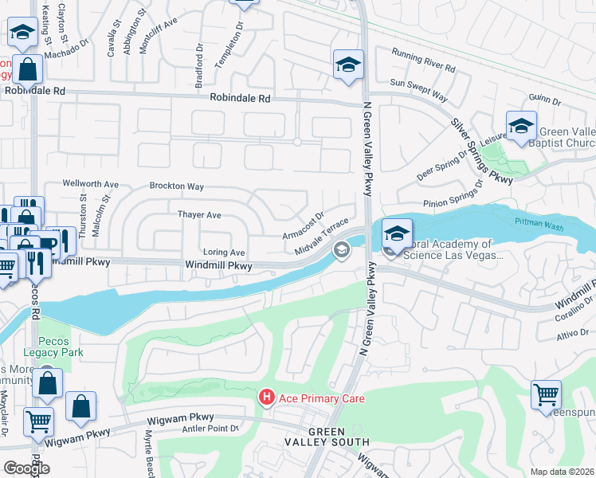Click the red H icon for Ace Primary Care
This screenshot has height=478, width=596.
pos(266,397)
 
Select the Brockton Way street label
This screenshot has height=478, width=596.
pos(176,186)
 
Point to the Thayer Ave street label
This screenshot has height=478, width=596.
pos(198,215)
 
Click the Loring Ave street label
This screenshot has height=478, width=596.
pos(222,252)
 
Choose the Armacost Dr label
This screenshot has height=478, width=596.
pos(303,225)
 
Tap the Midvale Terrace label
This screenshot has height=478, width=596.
pos(322,237)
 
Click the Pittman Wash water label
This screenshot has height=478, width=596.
pos(538,223)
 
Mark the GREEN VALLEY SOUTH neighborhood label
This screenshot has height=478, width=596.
pos(327,436)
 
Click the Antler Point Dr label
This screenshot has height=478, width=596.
pos(211,429)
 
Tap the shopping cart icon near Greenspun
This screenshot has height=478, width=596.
pos(546,394)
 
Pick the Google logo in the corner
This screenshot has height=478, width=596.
pos(26,468)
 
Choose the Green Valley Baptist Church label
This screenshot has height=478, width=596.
pos(567,138)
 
